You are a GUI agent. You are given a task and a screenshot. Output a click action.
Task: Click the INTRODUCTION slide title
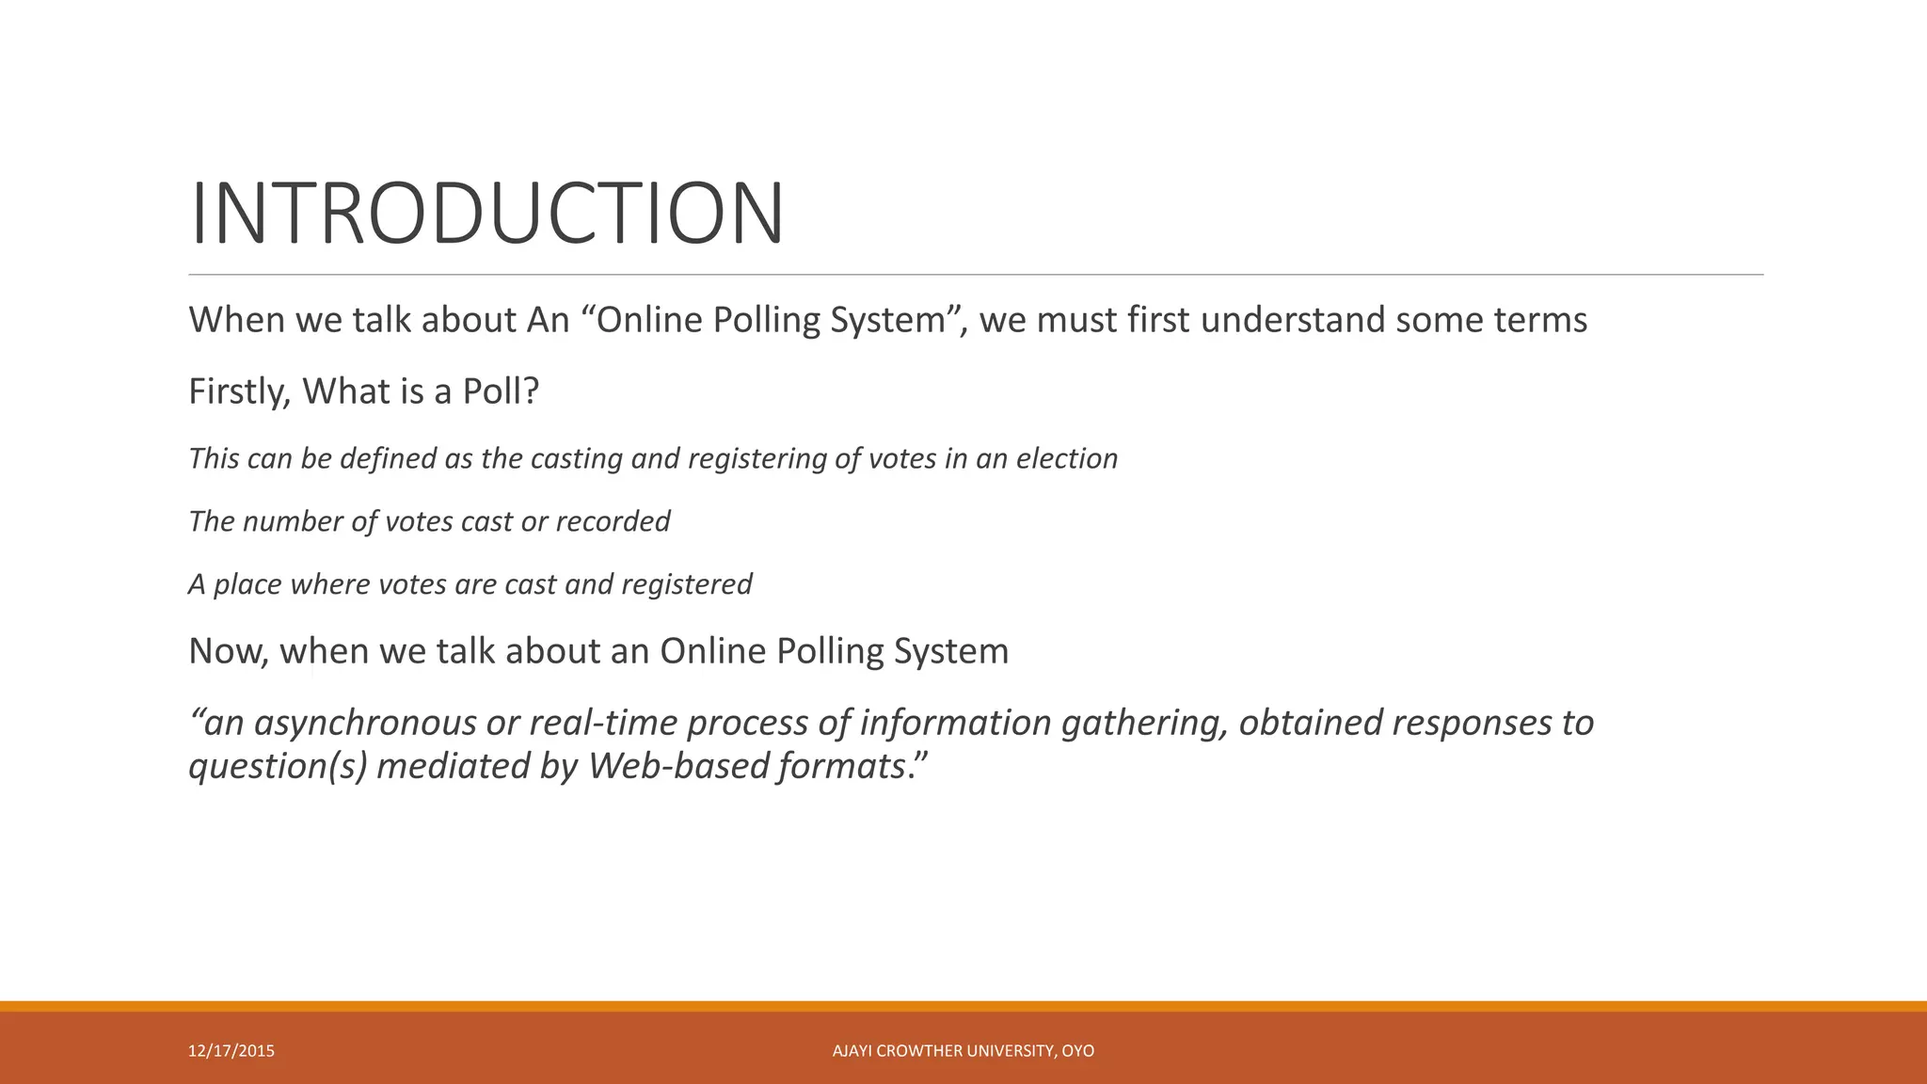pos(486,215)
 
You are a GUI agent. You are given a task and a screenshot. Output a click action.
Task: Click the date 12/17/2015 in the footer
pos(231,1051)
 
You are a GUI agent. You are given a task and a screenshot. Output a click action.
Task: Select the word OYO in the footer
pos(1078,1051)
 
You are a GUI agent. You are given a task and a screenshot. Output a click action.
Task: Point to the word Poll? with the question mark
pos(501,391)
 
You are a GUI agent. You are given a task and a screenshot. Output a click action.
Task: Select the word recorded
pos(613,521)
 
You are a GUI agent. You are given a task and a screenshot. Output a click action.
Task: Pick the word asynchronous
pos(364,724)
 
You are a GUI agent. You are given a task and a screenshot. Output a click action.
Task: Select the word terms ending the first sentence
pos(1540,320)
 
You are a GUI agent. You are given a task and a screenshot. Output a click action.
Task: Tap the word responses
pos(1472,723)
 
